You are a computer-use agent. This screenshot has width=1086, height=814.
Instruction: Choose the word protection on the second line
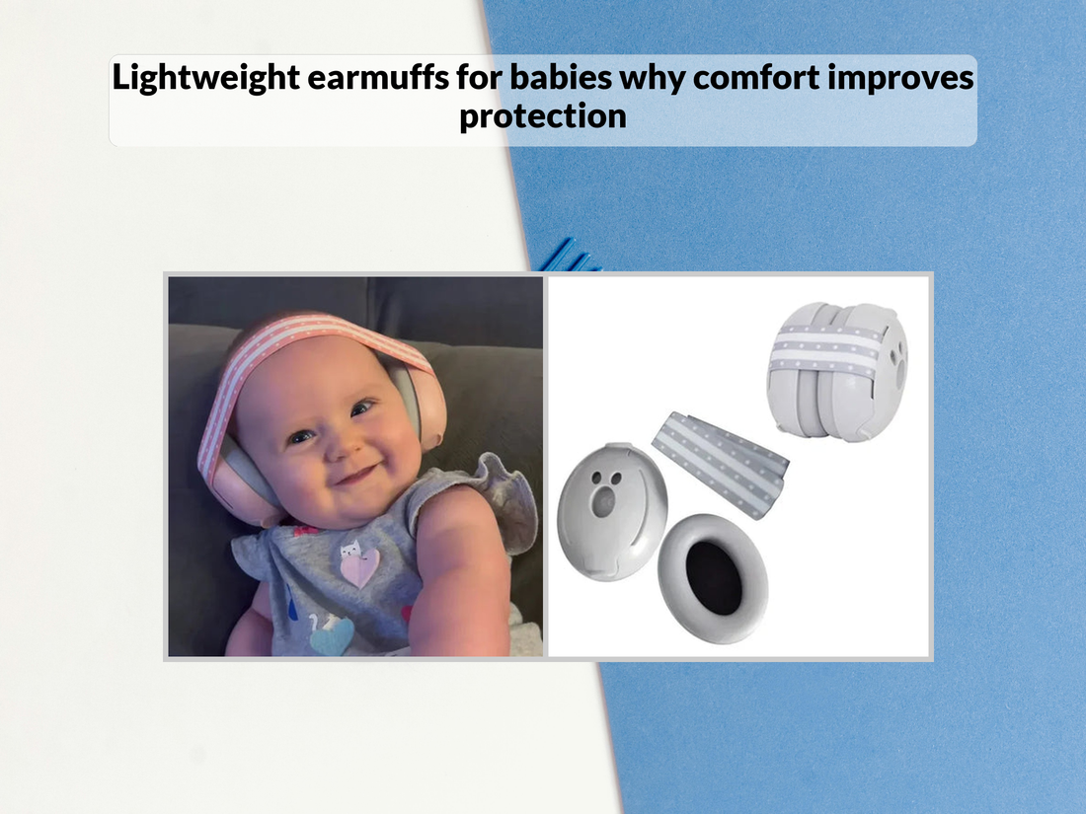542,115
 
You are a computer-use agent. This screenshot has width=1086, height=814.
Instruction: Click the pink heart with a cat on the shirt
358,565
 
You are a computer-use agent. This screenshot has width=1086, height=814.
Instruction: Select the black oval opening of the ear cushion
713,578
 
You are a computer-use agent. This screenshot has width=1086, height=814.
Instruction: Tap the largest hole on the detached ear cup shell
598,501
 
